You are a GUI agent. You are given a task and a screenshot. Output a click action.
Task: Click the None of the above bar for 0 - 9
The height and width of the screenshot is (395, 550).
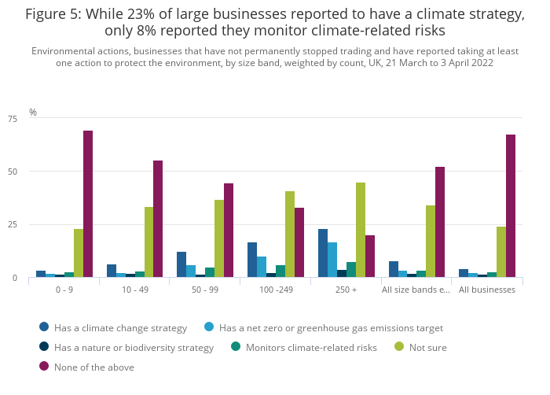point(88,204)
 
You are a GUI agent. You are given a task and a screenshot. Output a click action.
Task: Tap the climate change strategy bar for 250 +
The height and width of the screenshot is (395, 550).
point(323,253)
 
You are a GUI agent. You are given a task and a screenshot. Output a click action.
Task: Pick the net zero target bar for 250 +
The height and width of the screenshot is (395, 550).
point(332,260)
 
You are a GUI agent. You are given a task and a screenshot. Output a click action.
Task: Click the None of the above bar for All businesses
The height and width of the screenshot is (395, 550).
point(511,205)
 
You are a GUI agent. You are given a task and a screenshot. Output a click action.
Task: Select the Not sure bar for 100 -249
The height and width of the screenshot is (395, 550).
point(290,234)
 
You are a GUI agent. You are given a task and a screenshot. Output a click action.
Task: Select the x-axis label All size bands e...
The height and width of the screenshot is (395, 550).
point(416,290)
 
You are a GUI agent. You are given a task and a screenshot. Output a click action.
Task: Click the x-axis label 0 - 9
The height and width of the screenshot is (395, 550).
point(64,290)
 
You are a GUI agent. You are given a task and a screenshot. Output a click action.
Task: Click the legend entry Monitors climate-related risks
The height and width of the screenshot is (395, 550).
point(311,347)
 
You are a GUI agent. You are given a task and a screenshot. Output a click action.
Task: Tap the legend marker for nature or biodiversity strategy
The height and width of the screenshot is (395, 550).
point(45,347)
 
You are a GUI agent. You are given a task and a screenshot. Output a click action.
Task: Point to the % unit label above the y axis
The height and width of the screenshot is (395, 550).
point(33,113)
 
